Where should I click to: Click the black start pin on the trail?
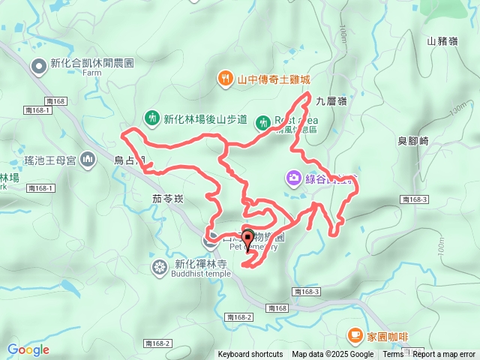click(x=248, y=239)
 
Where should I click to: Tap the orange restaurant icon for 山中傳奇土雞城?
click(x=223, y=77)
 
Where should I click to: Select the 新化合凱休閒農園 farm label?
click(x=92, y=64)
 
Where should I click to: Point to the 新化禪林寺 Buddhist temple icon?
click(x=160, y=266)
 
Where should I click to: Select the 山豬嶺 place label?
click(x=442, y=41)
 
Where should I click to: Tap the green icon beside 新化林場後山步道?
click(x=151, y=118)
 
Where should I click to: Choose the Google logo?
click(x=28, y=349)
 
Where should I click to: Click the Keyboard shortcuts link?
click(x=250, y=355)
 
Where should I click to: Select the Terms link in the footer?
click(x=393, y=355)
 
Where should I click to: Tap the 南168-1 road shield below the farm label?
click(x=37, y=110)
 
